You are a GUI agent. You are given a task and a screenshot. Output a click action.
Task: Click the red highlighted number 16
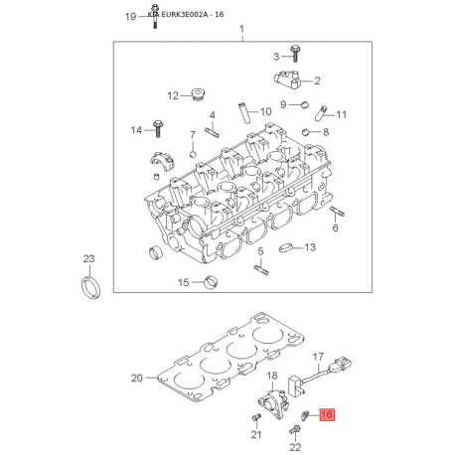(327, 414)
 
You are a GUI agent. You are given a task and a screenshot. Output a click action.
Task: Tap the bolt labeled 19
(154, 16)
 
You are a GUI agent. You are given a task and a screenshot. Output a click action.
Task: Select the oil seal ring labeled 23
(90, 287)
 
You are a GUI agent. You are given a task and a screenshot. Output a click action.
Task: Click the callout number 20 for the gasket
(137, 378)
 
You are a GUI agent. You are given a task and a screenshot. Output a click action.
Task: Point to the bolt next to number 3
(295, 54)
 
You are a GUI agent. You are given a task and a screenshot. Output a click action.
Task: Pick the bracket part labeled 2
(287, 79)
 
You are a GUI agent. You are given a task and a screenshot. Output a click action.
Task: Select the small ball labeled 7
(193, 154)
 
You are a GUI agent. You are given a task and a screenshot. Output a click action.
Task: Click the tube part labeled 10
(243, 113)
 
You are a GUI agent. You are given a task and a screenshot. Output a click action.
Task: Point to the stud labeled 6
(337, 211)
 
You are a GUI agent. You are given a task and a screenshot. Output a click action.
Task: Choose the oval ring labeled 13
(286, 247)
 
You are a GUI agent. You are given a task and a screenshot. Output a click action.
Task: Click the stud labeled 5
(261, 270)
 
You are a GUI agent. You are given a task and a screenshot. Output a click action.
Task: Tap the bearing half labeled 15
(211, 282)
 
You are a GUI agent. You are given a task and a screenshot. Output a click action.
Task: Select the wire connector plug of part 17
(340, 366)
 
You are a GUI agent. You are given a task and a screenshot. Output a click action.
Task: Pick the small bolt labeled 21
(255, 418)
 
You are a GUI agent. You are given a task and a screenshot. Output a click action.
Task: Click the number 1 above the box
(242, 29)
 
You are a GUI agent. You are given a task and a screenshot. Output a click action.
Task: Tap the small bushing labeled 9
(304, 104)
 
